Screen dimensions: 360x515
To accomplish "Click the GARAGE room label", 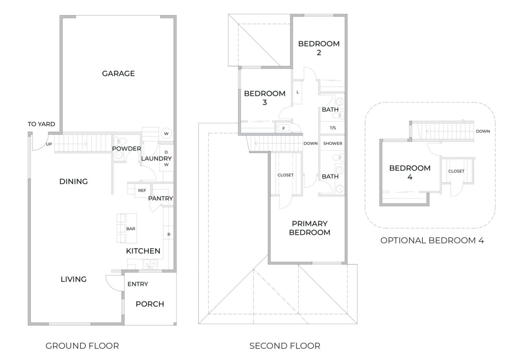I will point(118,74).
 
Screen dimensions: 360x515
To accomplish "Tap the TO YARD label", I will point(41,124).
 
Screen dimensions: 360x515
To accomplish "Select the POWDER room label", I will point(126,149).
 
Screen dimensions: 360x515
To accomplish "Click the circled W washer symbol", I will point(166,133).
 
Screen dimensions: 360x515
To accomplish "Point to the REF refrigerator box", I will point(142,191).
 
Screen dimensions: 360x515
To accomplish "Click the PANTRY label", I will point(160,198).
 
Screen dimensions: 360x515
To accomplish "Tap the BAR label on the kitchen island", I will point(130,229).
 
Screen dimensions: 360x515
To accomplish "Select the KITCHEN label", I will point(143,251).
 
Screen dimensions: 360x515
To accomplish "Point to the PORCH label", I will point(150,304).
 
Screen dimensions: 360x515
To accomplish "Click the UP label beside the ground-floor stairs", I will point(49,144).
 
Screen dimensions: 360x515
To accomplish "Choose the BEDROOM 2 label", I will point(319,48).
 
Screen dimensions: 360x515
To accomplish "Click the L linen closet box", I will point(297,92).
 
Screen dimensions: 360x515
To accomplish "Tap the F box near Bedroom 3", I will point(283,128).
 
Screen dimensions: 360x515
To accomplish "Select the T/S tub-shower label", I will point(333,128).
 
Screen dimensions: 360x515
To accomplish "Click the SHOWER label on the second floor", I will point(333,144).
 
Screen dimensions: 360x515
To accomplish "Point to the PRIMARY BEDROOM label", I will point(309,228).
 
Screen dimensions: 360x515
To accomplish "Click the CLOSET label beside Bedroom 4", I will point(456,171).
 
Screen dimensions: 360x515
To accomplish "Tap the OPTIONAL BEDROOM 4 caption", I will point(432,241).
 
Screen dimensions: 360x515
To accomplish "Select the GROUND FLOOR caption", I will point(82,346).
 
